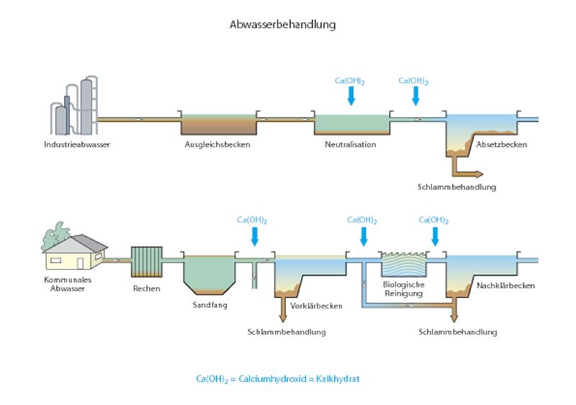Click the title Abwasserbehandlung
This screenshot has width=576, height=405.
point(282,24)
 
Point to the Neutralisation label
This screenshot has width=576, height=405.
point(350,145)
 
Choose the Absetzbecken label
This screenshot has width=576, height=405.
point(501,145)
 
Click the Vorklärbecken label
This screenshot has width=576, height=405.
point(315,306)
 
